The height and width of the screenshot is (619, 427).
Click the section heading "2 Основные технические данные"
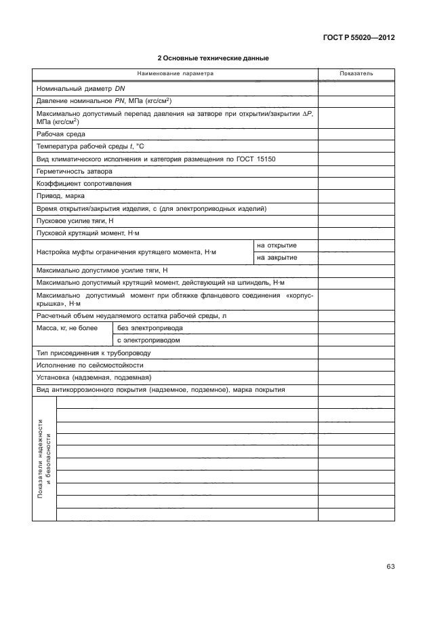coord(213,58)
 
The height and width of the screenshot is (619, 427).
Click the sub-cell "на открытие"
coord(277,245)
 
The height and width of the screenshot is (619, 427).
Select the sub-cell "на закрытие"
coord(277,258)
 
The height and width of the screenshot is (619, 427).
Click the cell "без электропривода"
coord(150,328)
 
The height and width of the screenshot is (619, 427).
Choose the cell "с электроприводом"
coord(148,340)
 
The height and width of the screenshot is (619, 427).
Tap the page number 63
coord(390,567)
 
